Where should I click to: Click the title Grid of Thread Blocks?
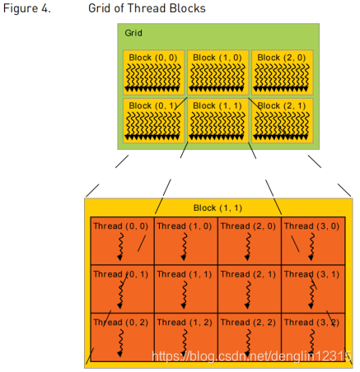pos(147,8)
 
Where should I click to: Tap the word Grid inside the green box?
pos(133,34)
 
